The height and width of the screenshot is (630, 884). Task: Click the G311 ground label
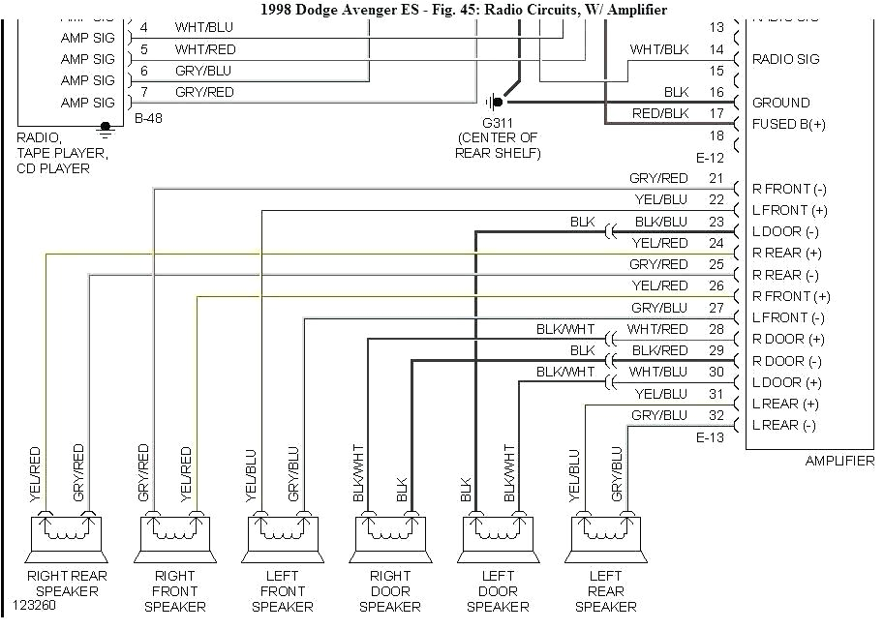point(499,122)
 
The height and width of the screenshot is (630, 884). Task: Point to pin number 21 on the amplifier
point(716,178)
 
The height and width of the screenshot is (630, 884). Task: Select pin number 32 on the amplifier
point(716,415)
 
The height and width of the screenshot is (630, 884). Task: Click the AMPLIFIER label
point(839,461)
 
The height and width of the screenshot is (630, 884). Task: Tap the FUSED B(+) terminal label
point(789,124)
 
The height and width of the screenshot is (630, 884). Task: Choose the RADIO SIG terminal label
point(785,59)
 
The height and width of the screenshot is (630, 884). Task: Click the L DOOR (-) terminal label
point(785,231)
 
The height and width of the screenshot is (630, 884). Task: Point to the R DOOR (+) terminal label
point(788,340)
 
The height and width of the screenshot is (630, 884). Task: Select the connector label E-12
point(710,157)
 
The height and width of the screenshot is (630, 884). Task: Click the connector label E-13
point(710,437)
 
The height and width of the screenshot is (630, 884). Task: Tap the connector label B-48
point(150,119)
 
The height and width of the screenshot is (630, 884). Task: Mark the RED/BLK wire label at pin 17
point(660,113)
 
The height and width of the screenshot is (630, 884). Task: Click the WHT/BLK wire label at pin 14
point(659,49)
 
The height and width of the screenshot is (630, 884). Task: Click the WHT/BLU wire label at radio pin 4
point(203,27)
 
